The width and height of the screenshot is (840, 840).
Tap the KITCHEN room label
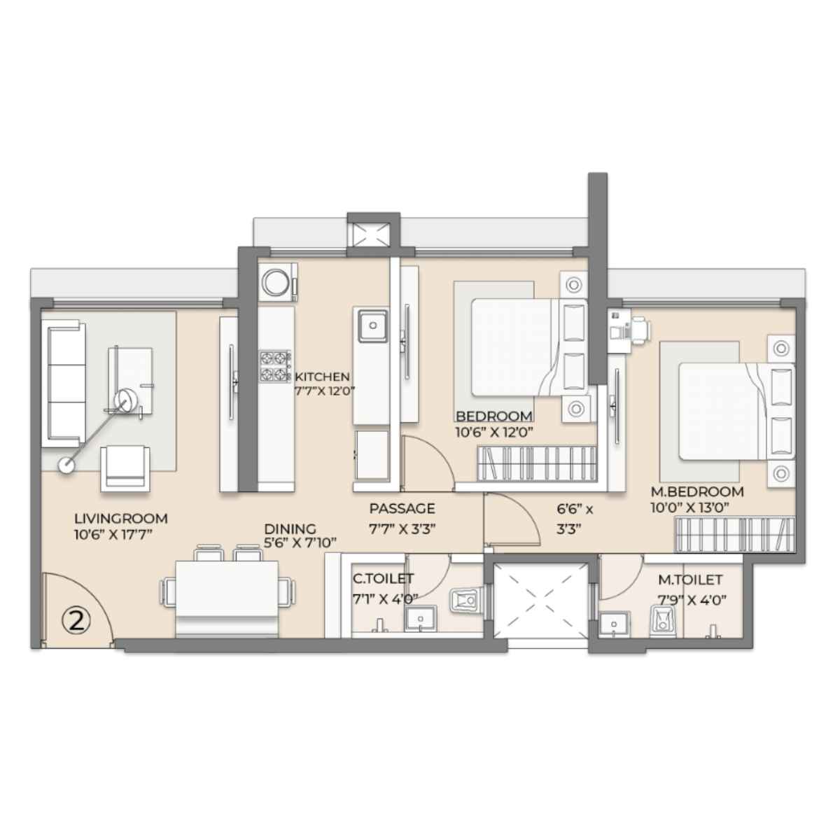point(323,376)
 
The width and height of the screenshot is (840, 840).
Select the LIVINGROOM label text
point(120,519)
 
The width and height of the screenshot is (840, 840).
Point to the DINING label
point(290,529)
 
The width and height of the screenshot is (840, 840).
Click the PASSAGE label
point(402,508)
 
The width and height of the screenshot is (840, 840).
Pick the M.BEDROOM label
point(697,491)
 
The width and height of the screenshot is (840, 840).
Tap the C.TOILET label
point(383,579)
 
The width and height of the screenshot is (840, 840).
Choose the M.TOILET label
point(690,580)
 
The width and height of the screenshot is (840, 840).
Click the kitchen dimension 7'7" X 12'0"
point(323,391)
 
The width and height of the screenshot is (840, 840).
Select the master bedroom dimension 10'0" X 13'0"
point(690,507)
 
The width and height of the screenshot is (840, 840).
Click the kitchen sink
point(372,326)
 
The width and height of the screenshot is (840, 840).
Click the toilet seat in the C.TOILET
point(465,601)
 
